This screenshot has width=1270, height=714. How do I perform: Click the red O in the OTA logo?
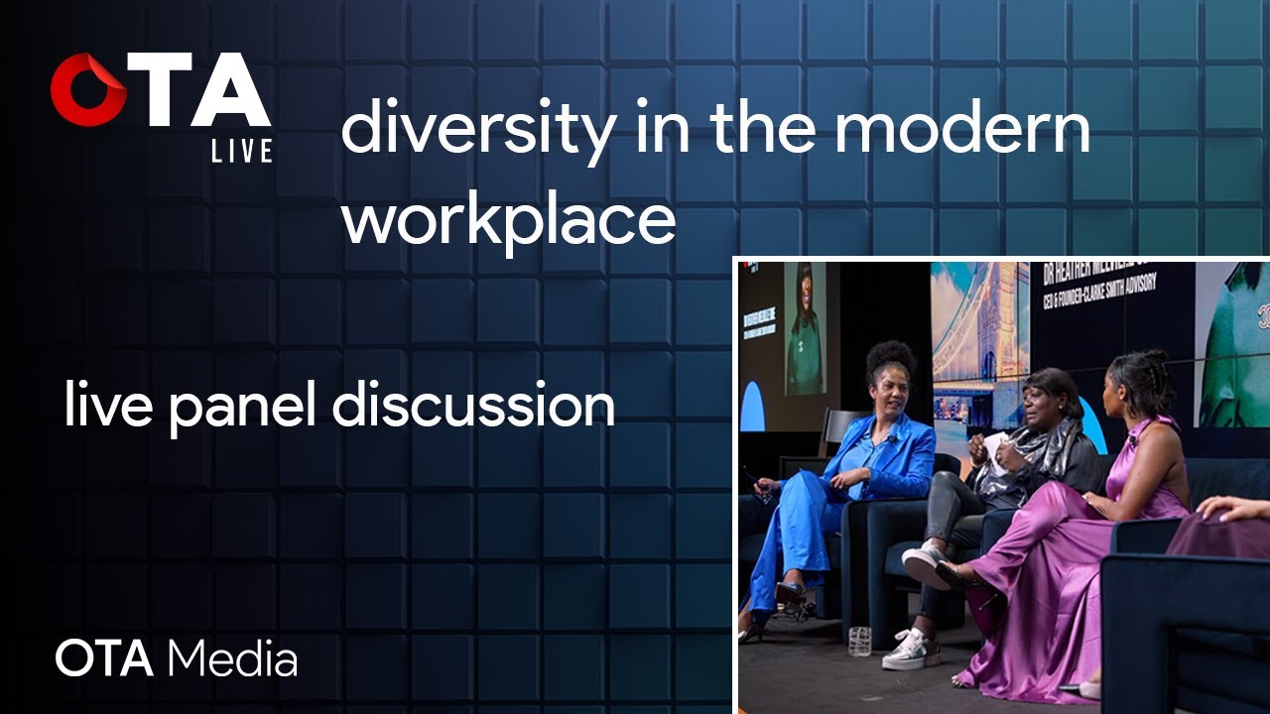coord(88,90)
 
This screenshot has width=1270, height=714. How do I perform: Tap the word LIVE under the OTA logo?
coord(241,151)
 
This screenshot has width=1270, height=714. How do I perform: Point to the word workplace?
coord(508,219)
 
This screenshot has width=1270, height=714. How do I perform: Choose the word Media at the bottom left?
coord(233,658)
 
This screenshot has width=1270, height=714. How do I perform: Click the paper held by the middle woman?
coord(996,447)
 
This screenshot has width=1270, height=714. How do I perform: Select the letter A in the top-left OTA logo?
coord(231,91)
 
